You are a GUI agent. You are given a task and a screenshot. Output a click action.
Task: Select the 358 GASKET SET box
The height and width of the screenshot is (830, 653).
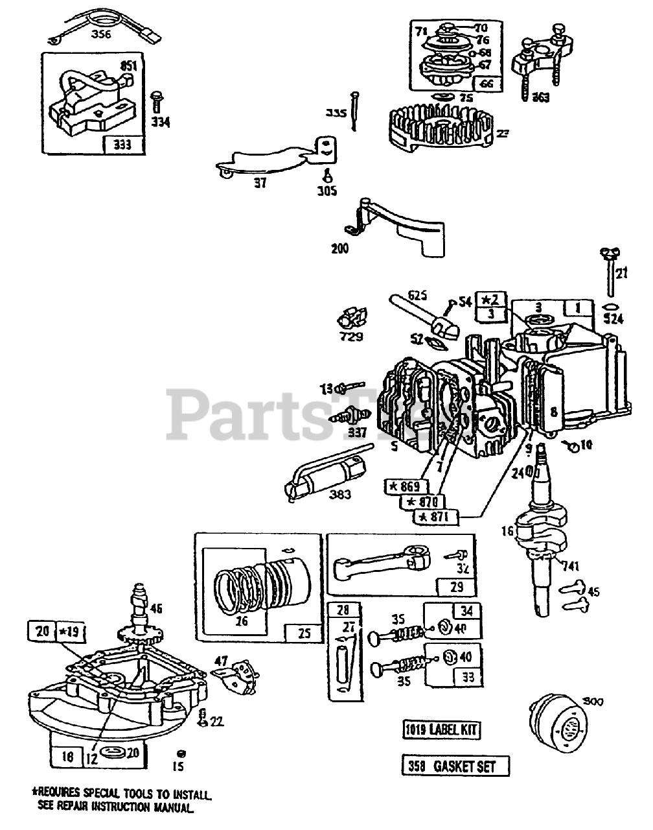click(x=455, y=766)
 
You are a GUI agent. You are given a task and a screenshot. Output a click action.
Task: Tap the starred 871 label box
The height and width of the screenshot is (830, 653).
click(x=436, y=516)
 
